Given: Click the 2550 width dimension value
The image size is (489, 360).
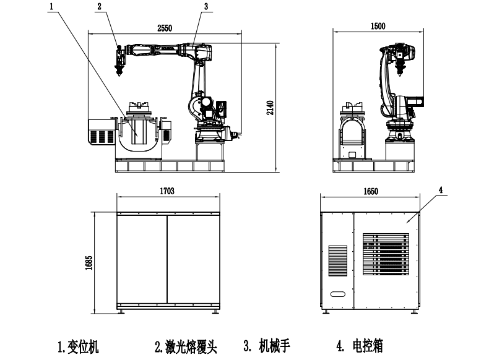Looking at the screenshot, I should point(163,28).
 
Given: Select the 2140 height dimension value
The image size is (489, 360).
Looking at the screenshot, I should point(270,106).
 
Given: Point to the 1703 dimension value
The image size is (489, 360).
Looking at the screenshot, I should point(167,192).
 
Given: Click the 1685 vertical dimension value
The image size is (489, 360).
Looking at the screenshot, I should point(89,262).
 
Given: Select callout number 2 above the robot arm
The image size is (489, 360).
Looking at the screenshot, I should point(99,6).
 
